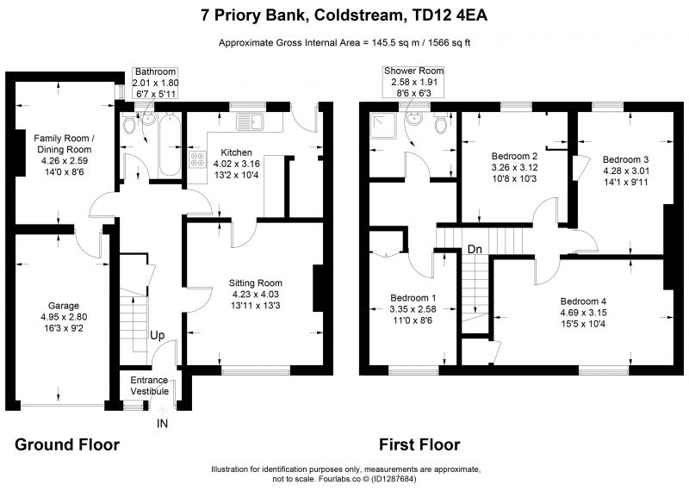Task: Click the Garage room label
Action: [x=64, y=306]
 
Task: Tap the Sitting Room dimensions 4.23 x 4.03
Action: [x=255, y=295]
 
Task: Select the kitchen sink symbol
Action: [x=250, y=121]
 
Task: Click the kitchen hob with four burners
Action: [x=198, y=159]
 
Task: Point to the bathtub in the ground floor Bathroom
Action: [x=170, y=144]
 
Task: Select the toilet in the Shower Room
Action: [x=441, y=123]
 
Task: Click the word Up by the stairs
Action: [x=158, y=335]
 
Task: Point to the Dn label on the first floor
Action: [x=475, y=250]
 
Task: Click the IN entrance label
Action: [x=162, y=424]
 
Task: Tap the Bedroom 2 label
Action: [x=514, y=156]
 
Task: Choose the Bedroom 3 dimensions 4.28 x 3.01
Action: [x=626, y=171]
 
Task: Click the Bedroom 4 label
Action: [x=583, y=301]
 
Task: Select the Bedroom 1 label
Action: [x=413, y=297]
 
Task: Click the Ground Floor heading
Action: [x=67, y=444]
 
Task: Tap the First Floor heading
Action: [x=419, y=444]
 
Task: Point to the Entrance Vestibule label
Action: [x=149, y=385]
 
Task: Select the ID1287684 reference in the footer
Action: [x=394, y=479]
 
